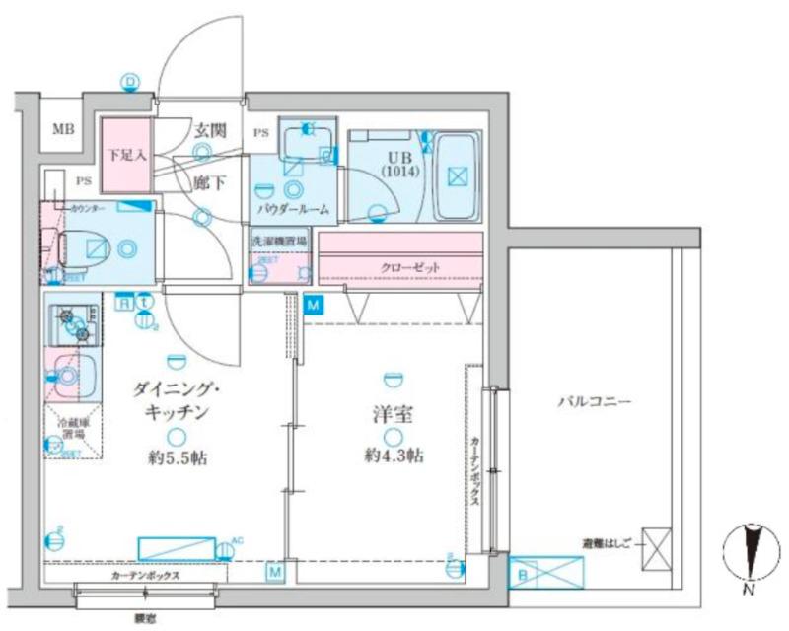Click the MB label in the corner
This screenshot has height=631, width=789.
63,129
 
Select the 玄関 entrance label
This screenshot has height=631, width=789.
210,129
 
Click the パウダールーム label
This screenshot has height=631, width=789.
293,210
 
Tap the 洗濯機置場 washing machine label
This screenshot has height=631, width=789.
279,241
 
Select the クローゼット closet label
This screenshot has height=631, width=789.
409,267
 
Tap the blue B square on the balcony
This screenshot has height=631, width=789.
520,572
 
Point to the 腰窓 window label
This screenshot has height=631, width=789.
145,618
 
